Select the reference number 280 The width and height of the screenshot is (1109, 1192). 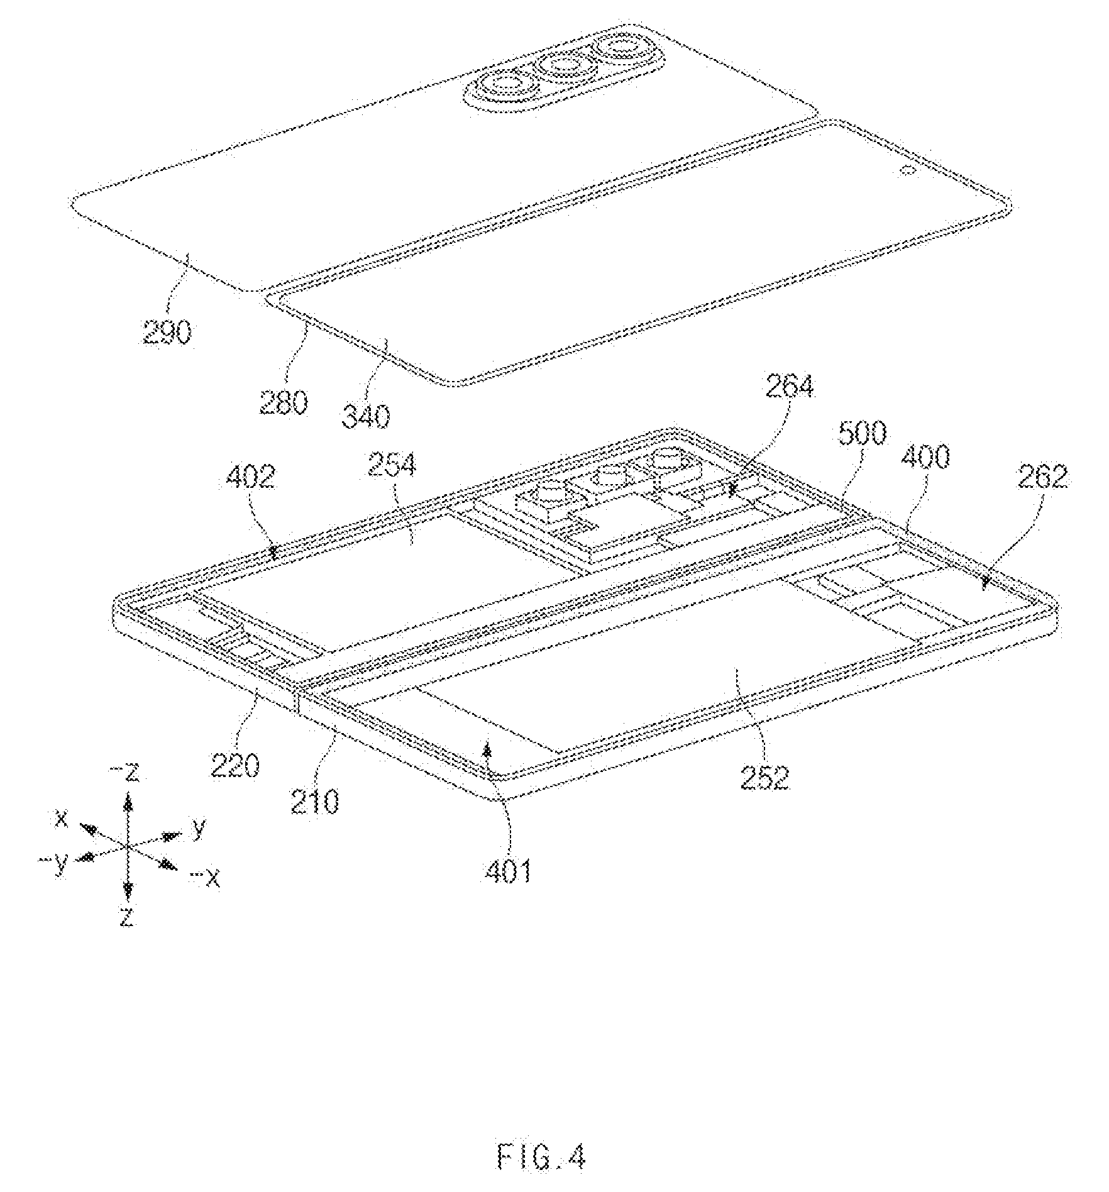(x=284, y=402)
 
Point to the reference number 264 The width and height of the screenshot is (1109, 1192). (x=790, y=386)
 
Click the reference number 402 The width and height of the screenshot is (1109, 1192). (x=251, y=477)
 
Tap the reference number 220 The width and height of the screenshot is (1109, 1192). (x=234, y=766)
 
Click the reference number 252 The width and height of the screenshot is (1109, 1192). (x=764, y=778)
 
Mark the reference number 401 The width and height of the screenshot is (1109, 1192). (x=508, y=871)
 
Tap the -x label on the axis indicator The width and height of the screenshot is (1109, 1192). (x=206, y=878)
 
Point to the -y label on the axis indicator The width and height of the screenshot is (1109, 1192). (x=54, y=863)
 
